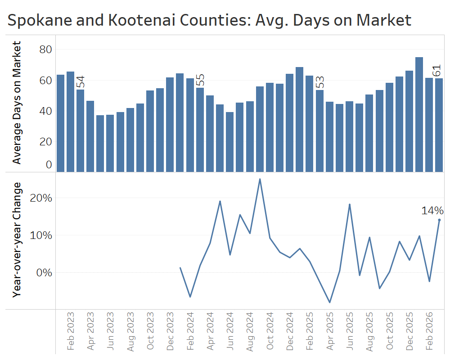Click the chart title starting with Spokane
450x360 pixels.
point(209,20)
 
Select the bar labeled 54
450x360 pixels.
point(80,130)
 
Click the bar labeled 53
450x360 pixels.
point(319,130)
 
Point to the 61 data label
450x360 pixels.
point(436,71)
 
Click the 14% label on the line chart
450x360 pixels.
point(432,210)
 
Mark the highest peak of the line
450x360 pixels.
point(260,179)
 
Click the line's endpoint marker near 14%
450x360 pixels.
point(439,220)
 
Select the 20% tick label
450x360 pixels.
point(42,198)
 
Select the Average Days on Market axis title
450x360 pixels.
point(17,103)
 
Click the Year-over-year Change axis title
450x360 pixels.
point(17,240)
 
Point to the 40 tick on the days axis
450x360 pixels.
point(45,111)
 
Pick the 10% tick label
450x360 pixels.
point(42,235)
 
